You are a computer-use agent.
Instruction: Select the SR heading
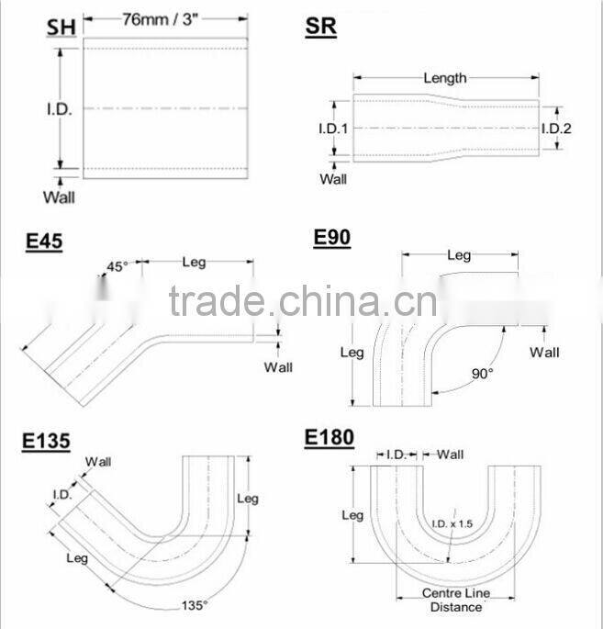tap(321, 27)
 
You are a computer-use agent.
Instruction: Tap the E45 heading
tap(44, 242)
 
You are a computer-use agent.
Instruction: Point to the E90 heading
tap(331, 238)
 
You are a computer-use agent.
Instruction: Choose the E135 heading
tap(47, 442)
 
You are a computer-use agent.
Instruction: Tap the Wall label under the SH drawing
tap(59, 196)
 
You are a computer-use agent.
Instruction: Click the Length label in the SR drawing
tap(444, 78)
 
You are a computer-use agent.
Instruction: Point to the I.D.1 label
tap(333, 129)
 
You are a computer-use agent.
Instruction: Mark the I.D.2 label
tap(556, 129)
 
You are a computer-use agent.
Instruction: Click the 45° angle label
tap(117, 267)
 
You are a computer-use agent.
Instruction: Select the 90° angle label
tap(482, 373)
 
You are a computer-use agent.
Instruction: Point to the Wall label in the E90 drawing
tap(544, 352)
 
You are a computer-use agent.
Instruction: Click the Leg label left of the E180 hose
tap(352, 515)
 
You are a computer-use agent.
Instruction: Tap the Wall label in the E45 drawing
tap(278, 367)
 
